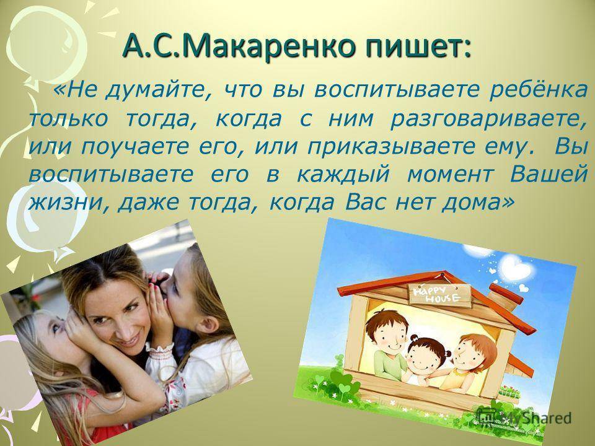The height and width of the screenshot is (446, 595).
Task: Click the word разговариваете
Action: (489, 120)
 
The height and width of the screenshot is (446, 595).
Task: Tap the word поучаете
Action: (135, 147)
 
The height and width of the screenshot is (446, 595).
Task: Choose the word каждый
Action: (343, 175)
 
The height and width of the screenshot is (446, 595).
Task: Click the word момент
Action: (450, 175)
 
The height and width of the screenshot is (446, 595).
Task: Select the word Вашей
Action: (549, 174)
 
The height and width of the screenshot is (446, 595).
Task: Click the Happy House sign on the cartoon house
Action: (439, 295)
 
